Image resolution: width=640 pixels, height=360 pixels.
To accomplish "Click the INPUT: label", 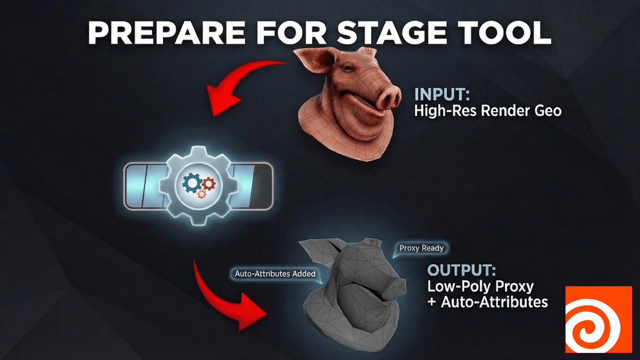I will click(442, 94).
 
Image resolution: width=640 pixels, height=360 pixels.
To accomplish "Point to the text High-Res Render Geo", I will click(488, 111).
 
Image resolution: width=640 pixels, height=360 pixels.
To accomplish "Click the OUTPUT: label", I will click(461, 270).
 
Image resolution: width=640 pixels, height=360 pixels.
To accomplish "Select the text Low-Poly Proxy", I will click(480, 286).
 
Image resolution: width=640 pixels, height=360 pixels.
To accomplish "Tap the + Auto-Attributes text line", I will click(488, 302).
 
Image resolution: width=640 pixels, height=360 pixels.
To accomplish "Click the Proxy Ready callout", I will click(421, 248).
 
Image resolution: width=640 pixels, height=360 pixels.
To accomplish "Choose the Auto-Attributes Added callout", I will click(275, 274).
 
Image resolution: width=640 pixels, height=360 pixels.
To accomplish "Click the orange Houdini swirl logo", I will click(598, 319).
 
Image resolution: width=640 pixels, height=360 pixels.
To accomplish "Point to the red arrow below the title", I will click(233, 87).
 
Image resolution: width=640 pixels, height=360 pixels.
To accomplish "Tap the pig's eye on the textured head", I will click(348, 68).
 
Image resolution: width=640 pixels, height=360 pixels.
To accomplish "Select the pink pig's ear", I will click(315, 58).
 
